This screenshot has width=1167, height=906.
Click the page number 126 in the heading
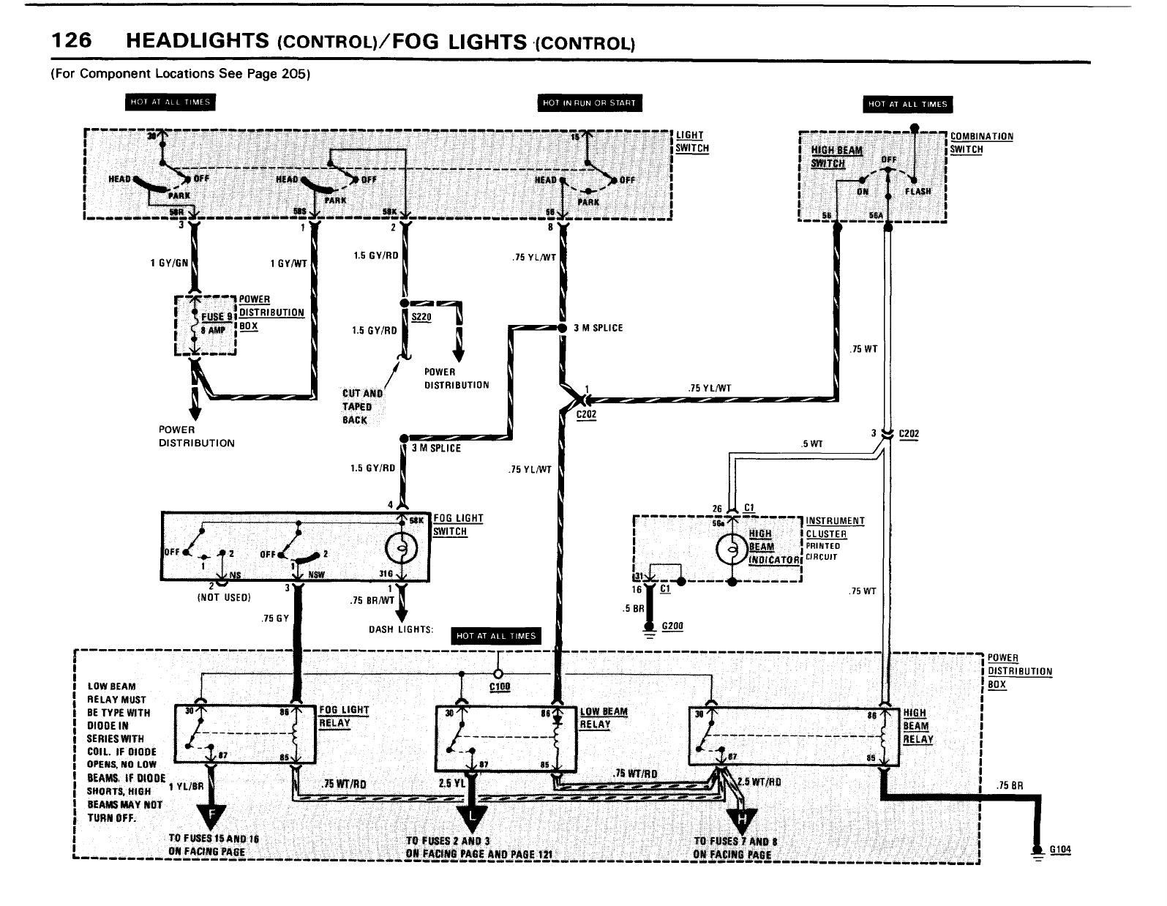[71, 42]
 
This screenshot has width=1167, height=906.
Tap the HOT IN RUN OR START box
[590, 103]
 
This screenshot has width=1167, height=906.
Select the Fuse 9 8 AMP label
[216, 323]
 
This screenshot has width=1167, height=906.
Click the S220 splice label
[421, 317]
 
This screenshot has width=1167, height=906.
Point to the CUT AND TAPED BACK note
[362, 406]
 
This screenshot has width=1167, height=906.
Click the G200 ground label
[672, 626]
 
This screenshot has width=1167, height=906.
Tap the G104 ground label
[1060, 850]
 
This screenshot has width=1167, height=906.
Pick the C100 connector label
[500, 686]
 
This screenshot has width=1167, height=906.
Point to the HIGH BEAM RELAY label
[918, 726]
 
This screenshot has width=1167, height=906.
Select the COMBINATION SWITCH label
[981, 143]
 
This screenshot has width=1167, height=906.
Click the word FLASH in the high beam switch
[918, 191]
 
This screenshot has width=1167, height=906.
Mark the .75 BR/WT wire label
[372, 600]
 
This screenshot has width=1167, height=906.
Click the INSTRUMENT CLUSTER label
[835, 528]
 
